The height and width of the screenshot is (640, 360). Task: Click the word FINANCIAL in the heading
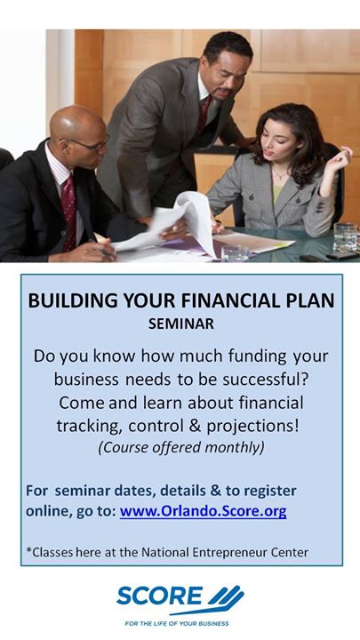pos(225,300)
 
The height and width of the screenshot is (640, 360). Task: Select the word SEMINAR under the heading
pos(180,324)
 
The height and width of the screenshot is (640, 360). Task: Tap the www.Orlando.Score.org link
pos(204,512)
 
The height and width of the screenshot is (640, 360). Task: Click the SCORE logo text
pos(160,596)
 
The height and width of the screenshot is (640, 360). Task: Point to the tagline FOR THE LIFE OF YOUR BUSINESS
pos(177,623)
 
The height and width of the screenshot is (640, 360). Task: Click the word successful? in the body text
pos(265,380)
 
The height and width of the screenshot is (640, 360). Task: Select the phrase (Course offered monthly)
pos(180,447)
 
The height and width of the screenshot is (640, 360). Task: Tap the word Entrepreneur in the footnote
pos(230,553)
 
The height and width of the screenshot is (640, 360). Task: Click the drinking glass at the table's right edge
pos(345,237)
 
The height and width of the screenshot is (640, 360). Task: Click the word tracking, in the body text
pos(90,427)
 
